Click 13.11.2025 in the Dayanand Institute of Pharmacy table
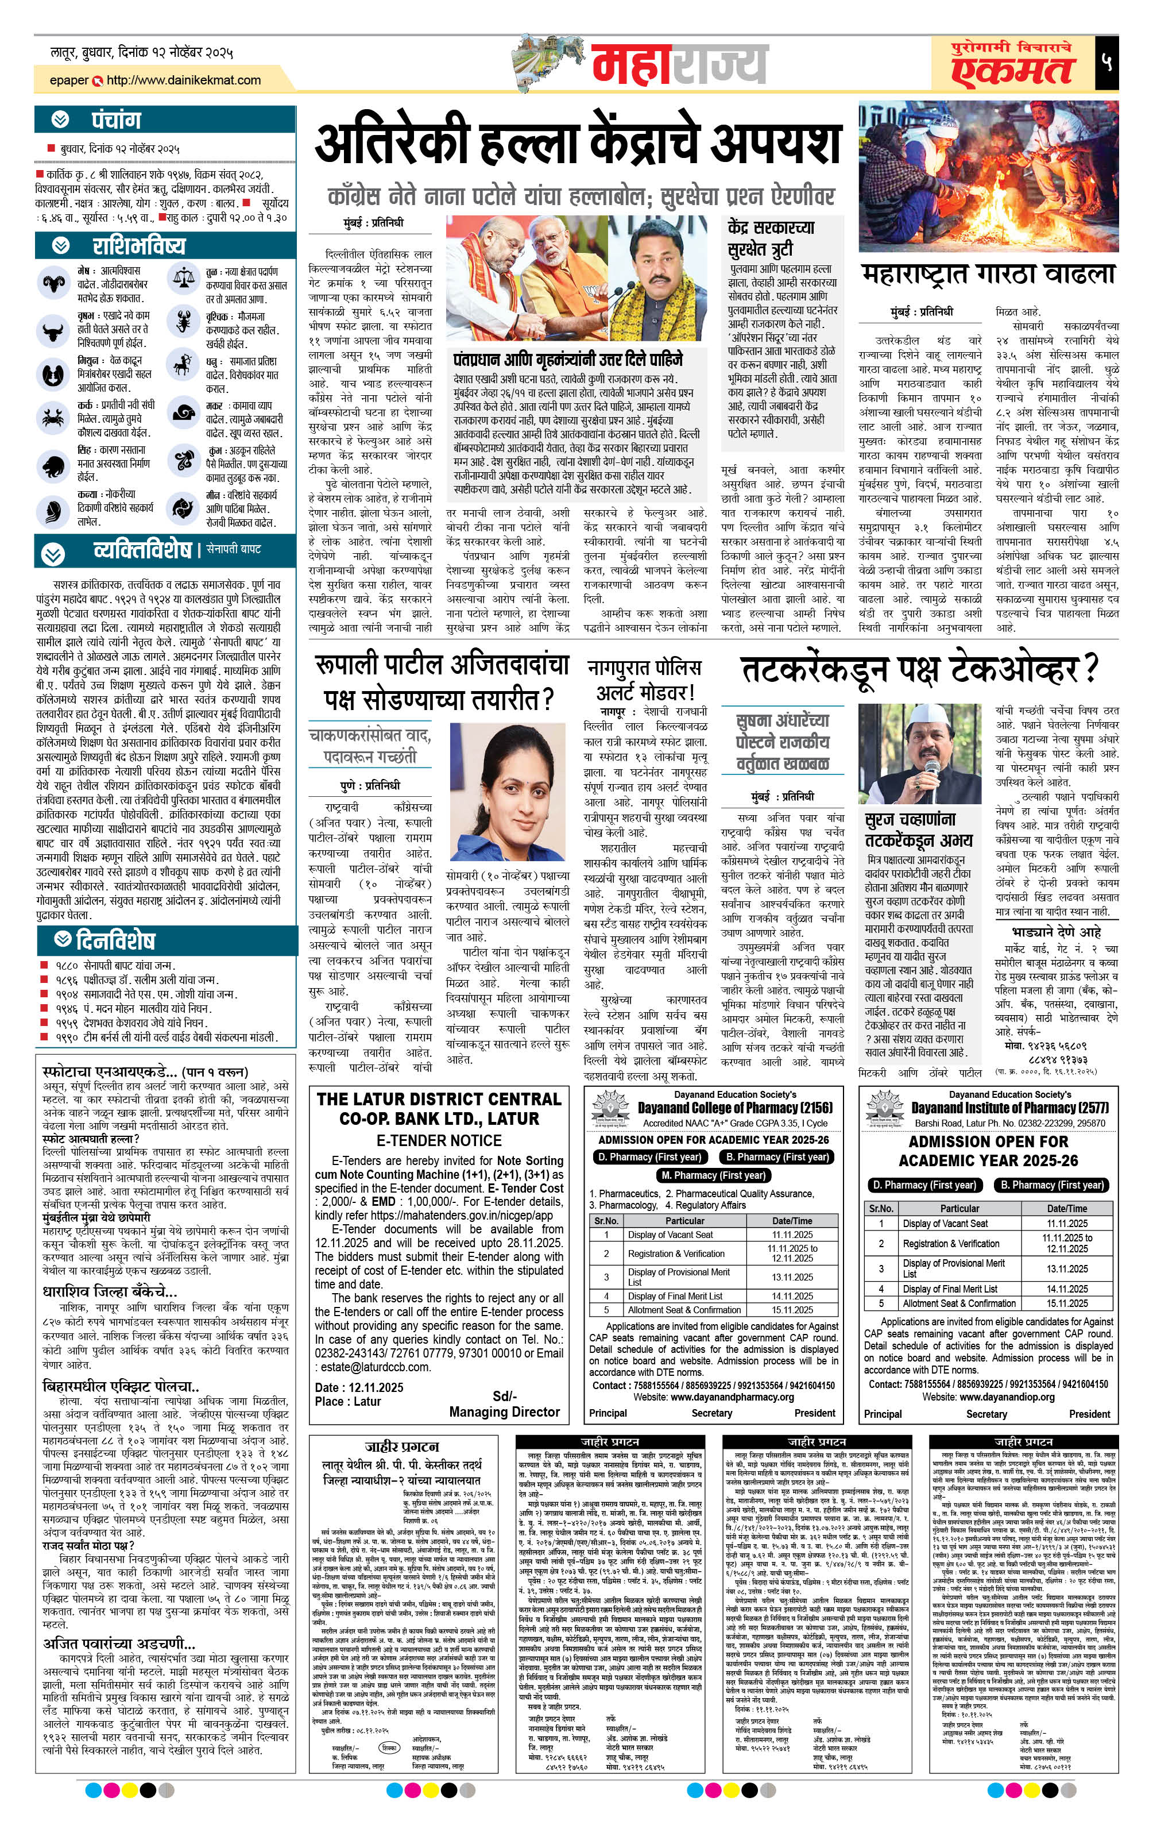[1066, 1268]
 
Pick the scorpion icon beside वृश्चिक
[183, 323]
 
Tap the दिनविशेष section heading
[115, 940]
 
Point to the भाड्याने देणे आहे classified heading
[1057, 932]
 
